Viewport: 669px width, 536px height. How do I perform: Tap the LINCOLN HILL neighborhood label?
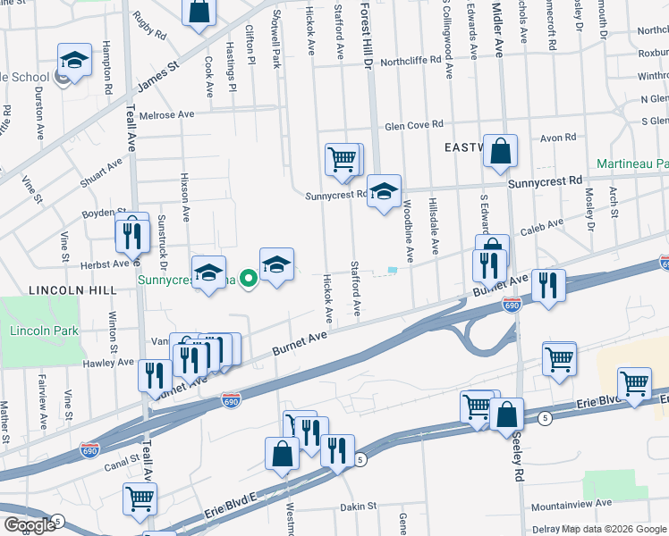point(60,291)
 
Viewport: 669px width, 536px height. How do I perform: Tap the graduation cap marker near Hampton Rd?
point(75,62)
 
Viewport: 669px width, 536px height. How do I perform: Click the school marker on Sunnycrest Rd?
point(385,191)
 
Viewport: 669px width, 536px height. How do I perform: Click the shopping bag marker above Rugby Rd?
point(199,13)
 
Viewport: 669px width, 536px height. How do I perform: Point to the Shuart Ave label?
point(101,174)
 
